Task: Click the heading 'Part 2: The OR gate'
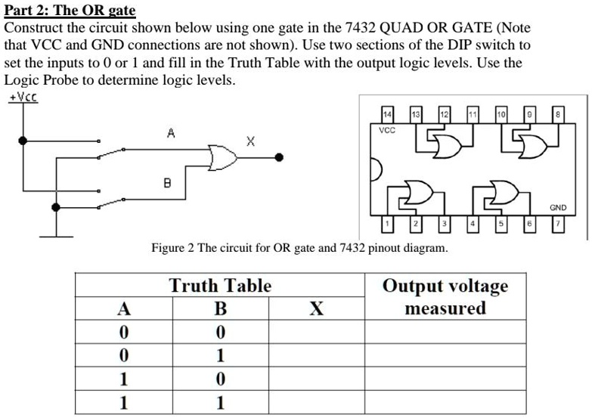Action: (x=70, y=10)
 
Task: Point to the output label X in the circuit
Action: (x=251, y=141)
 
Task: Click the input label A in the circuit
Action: (x=171, y=133)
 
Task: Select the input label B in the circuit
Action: (x=167, y=182)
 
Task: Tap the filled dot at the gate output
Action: (x=280, y=157)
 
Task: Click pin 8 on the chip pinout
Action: (x=558, y=113)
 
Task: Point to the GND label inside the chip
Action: (x=558, y=206)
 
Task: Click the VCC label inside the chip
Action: (x=387, y=129)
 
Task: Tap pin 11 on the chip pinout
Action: (x=472, y=113)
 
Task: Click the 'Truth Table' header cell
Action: (x=220, y=286)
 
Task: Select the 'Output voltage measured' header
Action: (x=445, y=296)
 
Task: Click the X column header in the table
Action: (x=317, y=308)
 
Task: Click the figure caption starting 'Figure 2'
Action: (x=299, y=248)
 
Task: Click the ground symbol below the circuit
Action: (x=56, y=236)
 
